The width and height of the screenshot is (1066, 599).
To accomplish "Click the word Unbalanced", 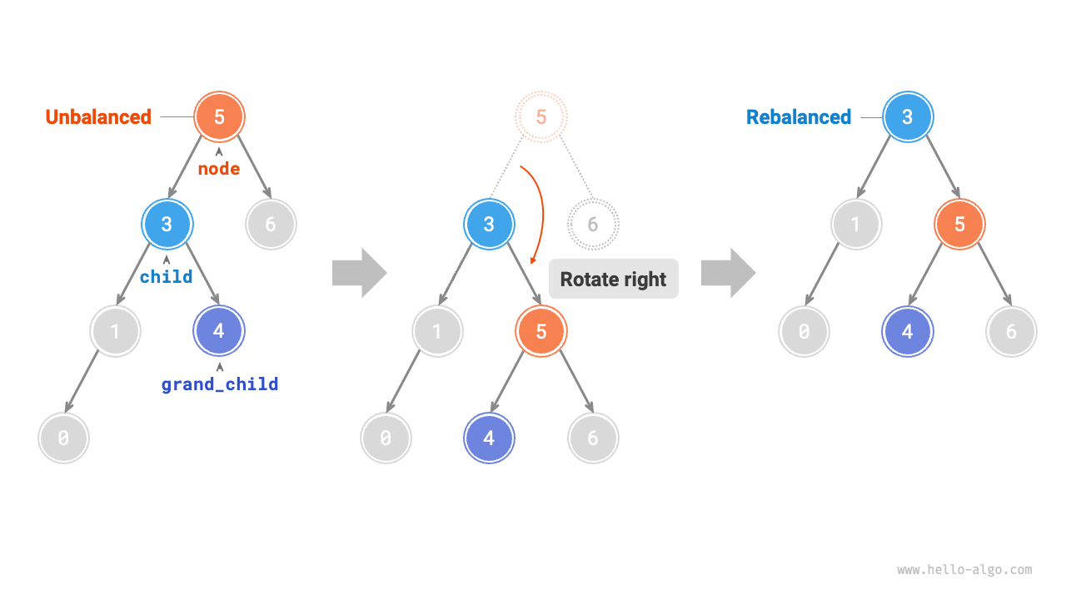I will coord(98,117).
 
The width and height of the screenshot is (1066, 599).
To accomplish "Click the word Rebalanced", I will coord(799,117).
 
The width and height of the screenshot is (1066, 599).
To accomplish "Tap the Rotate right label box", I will coord(613,280).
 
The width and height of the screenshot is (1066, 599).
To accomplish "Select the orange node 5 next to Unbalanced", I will coord(219,116).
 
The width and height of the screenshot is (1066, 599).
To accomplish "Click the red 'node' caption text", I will coord(219,169).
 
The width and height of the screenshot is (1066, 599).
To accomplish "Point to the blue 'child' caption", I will coord(167,277).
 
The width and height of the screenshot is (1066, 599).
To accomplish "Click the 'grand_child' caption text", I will coord(220,384).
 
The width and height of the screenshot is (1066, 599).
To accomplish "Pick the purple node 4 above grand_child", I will coord(218,331).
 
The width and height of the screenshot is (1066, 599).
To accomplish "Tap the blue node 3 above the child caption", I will coord(167,224).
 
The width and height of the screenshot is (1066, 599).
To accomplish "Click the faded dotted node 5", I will coord(540,116).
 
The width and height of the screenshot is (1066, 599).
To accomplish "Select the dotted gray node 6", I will coord(593,224).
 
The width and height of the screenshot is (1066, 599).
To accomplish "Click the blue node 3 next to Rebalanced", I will coord(907,116).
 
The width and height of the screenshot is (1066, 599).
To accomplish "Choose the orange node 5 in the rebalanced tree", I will coord(959,224).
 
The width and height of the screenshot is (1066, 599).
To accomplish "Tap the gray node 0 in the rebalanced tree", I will coord(804,331).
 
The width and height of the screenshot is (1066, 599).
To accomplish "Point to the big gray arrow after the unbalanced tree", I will coord(359,272).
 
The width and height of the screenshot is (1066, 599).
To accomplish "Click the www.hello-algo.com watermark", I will coord(964,570).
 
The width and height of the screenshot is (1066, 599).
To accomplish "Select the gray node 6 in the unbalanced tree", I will coord(271,224).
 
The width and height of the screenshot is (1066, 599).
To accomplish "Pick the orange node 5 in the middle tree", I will coord(540,331).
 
